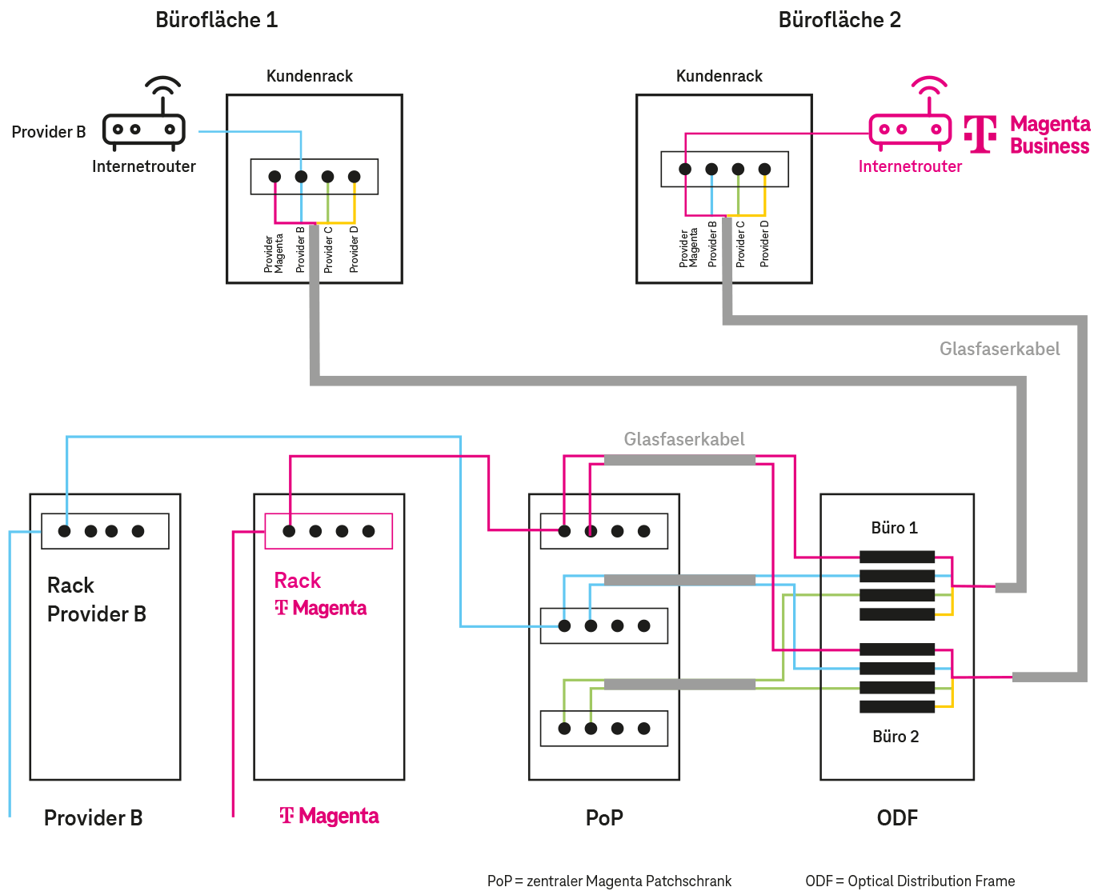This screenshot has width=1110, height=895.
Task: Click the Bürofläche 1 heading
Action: (x=216, y=20)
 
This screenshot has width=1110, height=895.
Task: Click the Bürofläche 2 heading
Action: (x=840, y=20)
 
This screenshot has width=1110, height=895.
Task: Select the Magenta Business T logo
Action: (x=980, y=134)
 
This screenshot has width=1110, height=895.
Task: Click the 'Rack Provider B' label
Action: (x=96, y=600)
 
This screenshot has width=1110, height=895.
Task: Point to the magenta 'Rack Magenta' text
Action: (x=320, y=594)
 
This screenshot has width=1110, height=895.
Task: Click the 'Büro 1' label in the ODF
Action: (x=894, y=528)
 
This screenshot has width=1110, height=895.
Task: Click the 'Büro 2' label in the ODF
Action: (x=896, y=737)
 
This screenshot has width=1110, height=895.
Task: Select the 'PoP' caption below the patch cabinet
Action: (x=604, y=817)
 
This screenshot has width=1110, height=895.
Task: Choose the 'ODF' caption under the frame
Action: (x=897, y=817)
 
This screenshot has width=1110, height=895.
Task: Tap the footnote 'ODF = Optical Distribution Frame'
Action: (x=910, y=881)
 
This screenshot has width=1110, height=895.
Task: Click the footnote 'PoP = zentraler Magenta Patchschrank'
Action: (x=609, y=881)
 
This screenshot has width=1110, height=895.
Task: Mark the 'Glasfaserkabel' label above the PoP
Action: (x=684, y=439)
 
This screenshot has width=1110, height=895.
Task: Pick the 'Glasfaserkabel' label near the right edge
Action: (x=1000, y=349)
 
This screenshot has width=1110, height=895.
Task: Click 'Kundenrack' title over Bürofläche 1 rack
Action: (x=310, y=76)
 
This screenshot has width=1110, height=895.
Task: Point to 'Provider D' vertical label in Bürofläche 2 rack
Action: (x=764, y=244)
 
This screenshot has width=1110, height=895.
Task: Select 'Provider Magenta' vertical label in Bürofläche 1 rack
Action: (x=274, y=253)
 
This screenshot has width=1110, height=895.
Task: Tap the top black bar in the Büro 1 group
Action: (x=897, y=557)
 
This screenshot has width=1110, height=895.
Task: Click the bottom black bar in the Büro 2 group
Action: (x=897, y=706)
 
